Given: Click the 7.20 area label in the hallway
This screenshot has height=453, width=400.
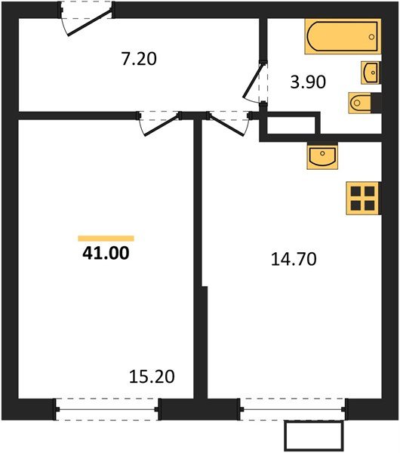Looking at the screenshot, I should [x=138, y=58].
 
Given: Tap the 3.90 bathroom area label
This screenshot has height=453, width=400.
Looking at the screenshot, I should [x=308, y=82].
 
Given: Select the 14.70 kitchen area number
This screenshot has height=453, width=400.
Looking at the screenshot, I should [x=293, y=260].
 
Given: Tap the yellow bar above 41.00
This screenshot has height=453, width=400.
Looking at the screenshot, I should [x=106, y=238].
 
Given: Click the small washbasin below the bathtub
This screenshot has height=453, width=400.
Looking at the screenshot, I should [x=371, y=72].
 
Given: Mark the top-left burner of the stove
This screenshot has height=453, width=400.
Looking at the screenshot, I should [x=355, y=190].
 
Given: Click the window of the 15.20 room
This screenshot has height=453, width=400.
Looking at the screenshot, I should [x=107, y=408].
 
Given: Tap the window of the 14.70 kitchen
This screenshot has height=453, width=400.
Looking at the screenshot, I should [x=293, y=408].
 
